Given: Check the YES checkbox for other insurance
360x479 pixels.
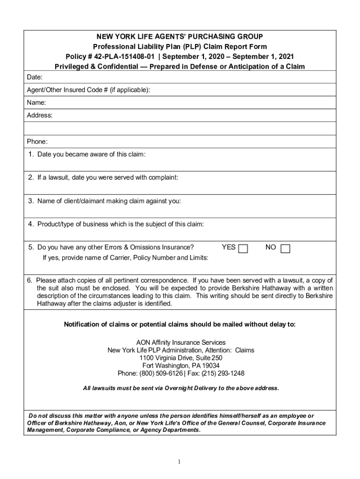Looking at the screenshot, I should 243,248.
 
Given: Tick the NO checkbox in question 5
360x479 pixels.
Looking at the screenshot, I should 285,248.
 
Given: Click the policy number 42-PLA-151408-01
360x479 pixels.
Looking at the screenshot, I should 113,56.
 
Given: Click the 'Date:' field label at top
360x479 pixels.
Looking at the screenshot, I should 35,76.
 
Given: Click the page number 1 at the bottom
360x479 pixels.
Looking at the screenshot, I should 180,462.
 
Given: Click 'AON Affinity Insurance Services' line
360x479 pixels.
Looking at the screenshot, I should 180,342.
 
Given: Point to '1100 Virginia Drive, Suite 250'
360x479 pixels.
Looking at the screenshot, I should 180,358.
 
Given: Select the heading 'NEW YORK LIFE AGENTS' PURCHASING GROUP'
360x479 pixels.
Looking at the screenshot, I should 180,36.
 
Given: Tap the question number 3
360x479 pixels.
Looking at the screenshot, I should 30,201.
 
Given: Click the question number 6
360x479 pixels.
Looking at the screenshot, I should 29,281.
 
